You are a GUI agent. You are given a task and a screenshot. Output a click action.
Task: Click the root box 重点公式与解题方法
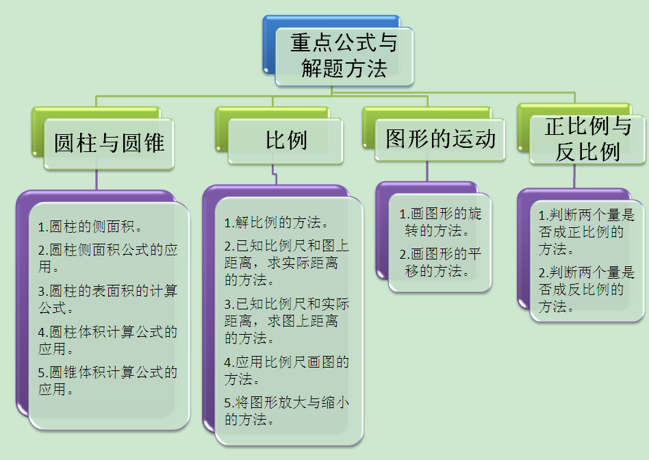[x=344, y=56]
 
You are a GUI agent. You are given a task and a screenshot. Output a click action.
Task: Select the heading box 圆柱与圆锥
[x=109, y=144]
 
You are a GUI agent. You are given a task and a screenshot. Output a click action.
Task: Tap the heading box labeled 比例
[x=285, y=141]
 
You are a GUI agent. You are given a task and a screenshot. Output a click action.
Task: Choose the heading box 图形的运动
[x=440, y=139]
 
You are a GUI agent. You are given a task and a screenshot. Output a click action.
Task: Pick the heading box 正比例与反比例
[x=587, y=139]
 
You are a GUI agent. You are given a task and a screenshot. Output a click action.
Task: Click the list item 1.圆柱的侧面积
[x=90, y=227]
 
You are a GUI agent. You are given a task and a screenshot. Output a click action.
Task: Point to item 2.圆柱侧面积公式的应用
[x=107, y=258]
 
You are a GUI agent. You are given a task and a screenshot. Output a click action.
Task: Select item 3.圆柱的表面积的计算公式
[x=107, y=299]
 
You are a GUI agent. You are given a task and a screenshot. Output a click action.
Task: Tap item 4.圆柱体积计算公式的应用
[x=107, y=340]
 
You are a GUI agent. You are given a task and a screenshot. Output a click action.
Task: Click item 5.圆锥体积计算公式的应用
[x=107, y=381]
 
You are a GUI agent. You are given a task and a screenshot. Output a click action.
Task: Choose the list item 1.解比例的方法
[x=276, y=222]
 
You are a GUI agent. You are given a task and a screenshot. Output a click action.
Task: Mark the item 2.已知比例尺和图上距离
[x=286, y=262]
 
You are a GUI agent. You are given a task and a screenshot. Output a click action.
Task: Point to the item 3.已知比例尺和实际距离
[x=286, y=321]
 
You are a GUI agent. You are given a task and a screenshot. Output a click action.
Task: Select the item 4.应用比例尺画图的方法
[x=286, y=370]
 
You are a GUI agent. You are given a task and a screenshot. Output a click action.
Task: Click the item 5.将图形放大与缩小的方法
[x=286, y=411]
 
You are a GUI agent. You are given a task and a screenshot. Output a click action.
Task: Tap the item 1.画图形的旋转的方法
[x=440, y=222]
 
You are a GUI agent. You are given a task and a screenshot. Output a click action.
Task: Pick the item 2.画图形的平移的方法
[x=440, y=262]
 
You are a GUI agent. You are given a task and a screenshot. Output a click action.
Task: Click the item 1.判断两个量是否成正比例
[x=586, y=232]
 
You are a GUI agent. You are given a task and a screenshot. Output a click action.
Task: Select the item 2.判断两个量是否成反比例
[x=586, y=290]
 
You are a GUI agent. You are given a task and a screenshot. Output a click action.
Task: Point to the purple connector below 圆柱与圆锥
[x=97, y=180]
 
